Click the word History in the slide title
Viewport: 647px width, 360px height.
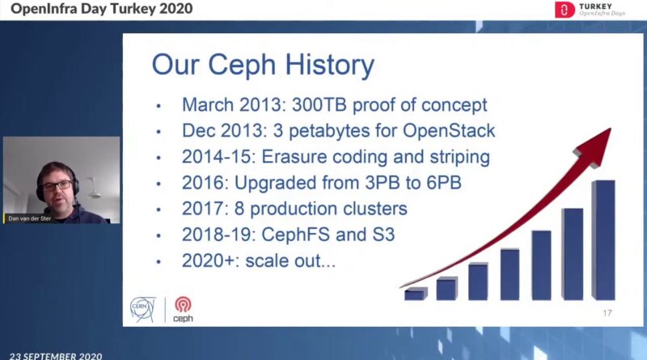(x=330, y=66)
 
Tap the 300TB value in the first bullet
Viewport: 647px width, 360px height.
(x=319, y=105)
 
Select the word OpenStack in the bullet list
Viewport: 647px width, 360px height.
(x=449, y=131)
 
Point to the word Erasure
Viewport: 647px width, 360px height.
(x=294, y=157)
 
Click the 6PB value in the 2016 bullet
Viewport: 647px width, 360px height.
(x=443, y=183)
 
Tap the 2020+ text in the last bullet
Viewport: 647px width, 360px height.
(x=210, y=260)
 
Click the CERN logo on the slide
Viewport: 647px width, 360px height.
(x=143, y=310)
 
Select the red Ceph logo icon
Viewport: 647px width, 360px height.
(x=183, y=305)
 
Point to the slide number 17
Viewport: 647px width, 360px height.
(x=607, y=313)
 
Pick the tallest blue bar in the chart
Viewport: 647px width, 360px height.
(x=603, y=239)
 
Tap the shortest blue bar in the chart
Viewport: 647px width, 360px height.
(x=416, y=294)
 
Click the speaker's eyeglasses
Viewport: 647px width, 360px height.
(x=57, y=186)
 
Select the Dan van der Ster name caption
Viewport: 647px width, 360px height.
(x=29, y=218)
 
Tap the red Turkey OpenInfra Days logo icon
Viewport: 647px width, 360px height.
(x=565, y=10)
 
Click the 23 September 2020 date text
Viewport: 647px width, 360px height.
(x=56, y=356)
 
